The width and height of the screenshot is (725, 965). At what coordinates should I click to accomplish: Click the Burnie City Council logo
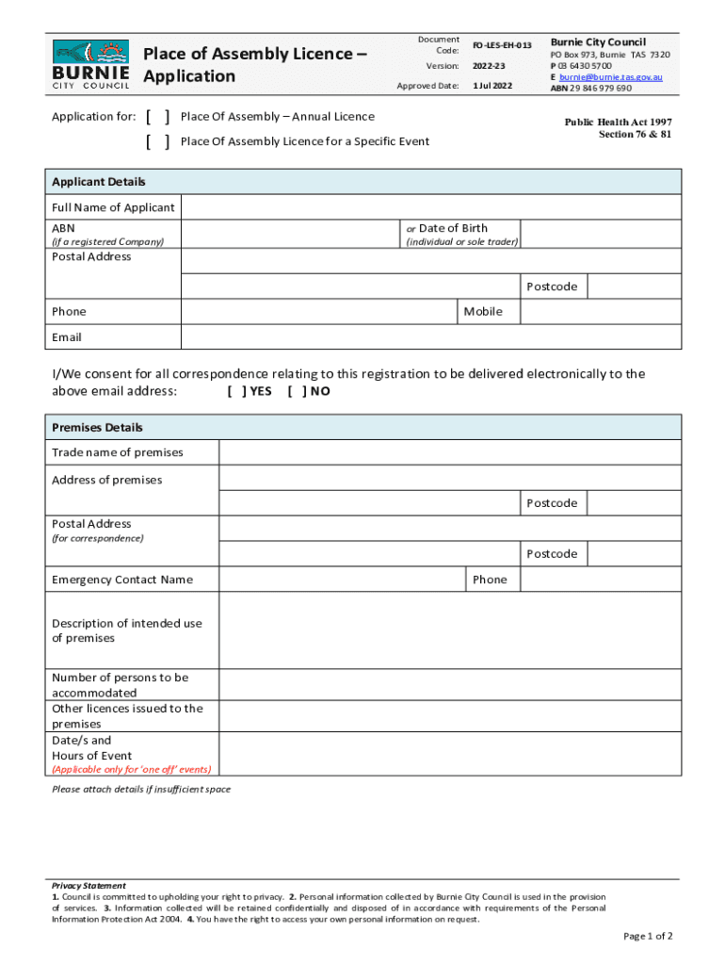pos(91,64)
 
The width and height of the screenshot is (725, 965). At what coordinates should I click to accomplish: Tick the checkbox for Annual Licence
pos(157,117)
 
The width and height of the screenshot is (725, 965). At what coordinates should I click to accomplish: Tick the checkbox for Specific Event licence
pos(157,141)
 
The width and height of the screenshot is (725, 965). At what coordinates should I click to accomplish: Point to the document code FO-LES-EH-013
pos(502,45)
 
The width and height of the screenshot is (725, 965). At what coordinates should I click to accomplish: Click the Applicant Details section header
pos(99,182)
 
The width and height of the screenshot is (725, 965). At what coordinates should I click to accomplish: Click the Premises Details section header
pos(98,428)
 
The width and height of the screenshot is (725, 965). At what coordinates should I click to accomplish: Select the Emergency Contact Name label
pos(122,580)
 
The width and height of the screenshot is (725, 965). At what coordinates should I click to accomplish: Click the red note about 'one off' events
pos(131,769)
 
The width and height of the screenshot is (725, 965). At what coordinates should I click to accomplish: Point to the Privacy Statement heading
pos(89,886)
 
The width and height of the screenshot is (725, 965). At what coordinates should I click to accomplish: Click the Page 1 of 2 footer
pos(648,936)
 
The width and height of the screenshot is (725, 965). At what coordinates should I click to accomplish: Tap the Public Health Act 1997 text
pos(618,123)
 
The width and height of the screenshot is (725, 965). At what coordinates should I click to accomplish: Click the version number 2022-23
pos(489,66)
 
